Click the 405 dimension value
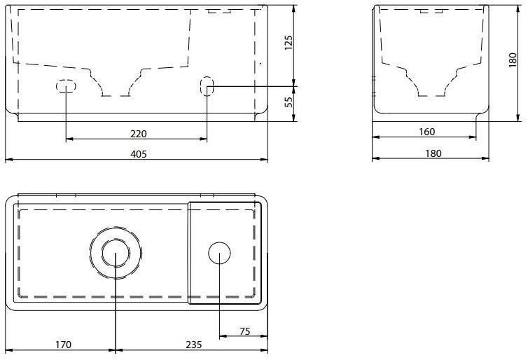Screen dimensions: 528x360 click(139, 154)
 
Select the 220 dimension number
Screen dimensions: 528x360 click(139, 134)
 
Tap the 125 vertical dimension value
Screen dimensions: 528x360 click(289, 43)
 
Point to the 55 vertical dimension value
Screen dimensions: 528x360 click(289, 102)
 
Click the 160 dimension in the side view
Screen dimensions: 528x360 click(426, 132)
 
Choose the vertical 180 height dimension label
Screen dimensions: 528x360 click(513, 60)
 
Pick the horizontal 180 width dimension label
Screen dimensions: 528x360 click(433, 153)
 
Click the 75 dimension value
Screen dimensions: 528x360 click(245, 331)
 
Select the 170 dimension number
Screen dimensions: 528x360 click(63, 345)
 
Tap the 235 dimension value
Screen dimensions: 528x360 click(194, 345)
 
